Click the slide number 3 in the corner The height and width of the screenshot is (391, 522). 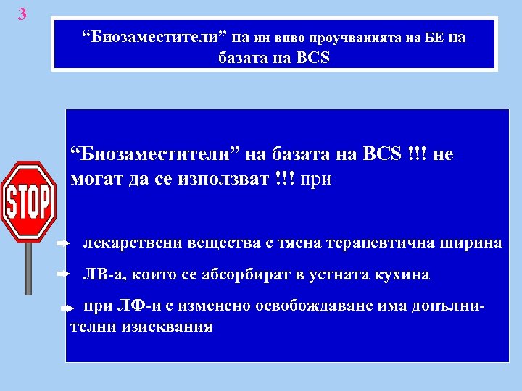click(22, 13)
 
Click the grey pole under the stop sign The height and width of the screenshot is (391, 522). click(28, 268)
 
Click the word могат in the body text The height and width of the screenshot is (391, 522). click(96, 179)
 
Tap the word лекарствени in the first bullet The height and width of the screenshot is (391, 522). click(125, 243)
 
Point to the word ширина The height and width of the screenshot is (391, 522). click(471, 243)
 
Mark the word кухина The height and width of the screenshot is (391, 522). click(399, 275)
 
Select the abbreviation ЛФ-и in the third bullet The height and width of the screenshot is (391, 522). click(136, 306)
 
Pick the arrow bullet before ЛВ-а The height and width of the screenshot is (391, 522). click(62, 275)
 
